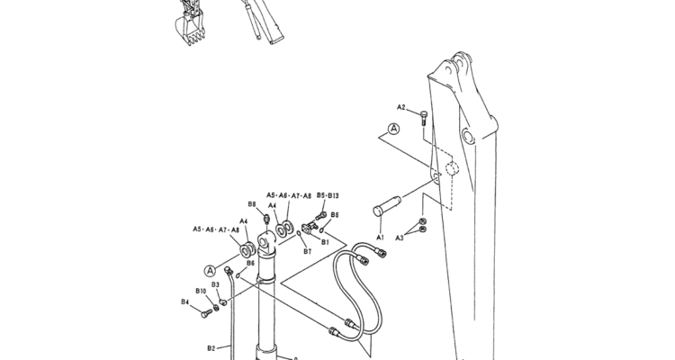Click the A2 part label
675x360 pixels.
(x=400, y=107)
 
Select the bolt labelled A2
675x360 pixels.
(x=424, y=118)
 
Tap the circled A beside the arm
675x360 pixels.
(x=393, y=129)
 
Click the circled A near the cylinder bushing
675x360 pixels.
(x=210, y=271)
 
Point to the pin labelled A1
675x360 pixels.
(x=387, y=206)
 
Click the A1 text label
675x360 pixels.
(x=380, y=238)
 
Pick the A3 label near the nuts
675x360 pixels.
(x=400, y=238)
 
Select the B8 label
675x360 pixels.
(x=252, y=204)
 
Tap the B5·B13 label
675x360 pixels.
(x=328, y=195)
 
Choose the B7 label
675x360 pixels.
(x=307, y=251)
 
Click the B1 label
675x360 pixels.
(x=325, y=242)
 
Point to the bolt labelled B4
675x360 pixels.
(x=207, y=312)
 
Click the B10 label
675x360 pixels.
(x=201, y=291)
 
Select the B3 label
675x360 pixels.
(x=215, y=284)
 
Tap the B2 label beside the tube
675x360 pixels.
(x=211, y=348)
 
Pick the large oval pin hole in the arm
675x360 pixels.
(x=468, y=137)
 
